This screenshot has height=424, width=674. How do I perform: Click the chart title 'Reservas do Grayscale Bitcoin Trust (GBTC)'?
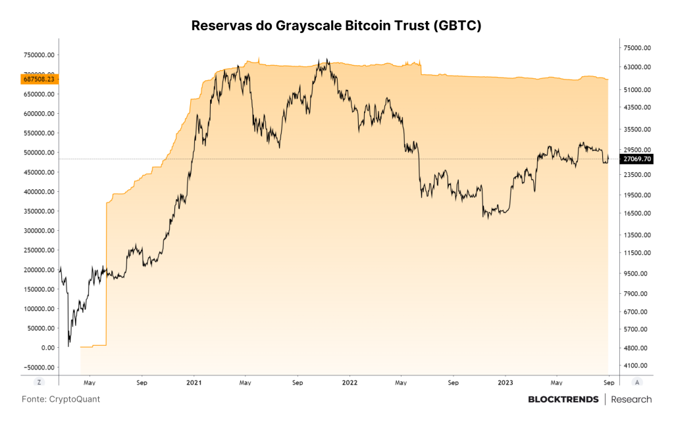[336, 26]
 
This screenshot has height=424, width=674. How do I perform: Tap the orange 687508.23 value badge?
[39, 79]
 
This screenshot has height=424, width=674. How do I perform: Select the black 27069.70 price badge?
[637, 159]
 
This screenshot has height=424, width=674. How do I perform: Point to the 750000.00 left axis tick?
[39, 55]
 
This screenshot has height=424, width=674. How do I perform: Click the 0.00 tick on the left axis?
[47, 348]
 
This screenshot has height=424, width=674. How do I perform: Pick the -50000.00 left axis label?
[39, 367]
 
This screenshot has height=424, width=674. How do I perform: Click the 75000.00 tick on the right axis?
[637, 47]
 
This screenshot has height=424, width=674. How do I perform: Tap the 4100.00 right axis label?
[635, 365]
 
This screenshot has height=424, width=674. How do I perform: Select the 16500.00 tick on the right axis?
[637, 213]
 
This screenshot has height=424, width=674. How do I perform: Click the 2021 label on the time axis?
[194, 383]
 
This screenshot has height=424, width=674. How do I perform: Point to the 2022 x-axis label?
[350, 383]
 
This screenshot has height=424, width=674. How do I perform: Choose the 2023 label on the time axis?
[505, 383]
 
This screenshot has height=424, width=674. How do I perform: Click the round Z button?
[39, 382]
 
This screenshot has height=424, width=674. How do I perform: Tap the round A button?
[636, 382]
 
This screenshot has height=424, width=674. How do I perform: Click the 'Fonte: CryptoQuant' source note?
[61, 399]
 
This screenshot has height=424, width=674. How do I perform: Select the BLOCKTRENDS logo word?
[563, 400]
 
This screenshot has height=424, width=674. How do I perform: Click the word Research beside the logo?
[631, 400]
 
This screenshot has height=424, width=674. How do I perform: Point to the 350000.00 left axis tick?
[39, 211]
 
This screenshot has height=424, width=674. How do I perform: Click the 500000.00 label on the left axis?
[39, 153]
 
